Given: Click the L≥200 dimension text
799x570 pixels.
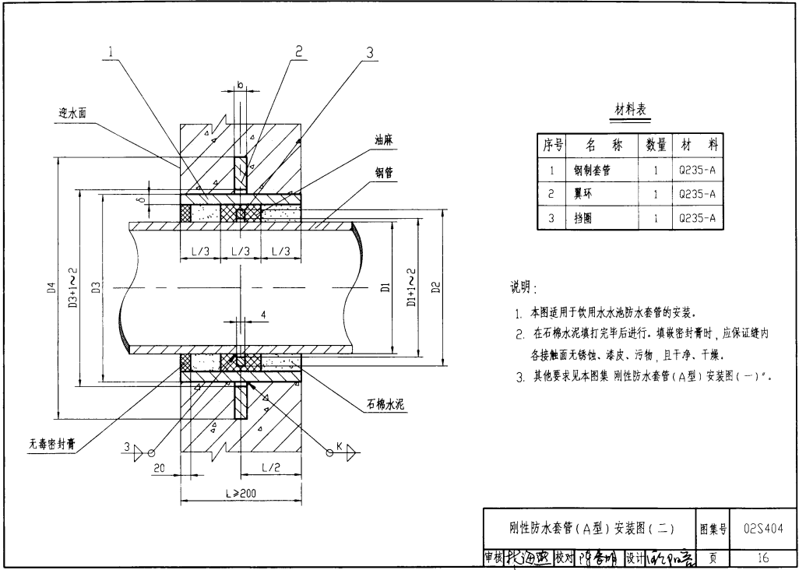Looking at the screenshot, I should [x=242, y=494].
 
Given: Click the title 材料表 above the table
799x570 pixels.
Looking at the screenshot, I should [x=631, y=110].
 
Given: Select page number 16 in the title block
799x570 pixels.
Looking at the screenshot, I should [x=762, y=558].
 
